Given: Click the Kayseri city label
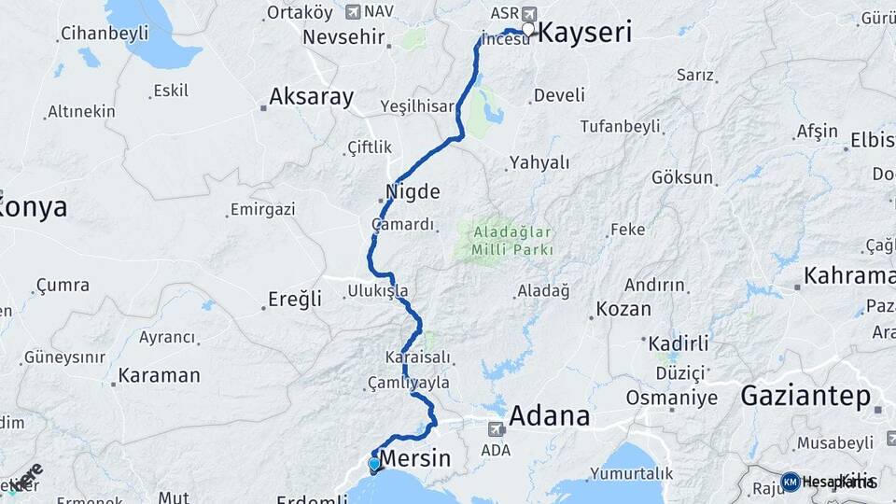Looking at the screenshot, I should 586,33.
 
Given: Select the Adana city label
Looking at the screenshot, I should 550,415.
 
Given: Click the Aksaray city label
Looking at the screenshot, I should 312,96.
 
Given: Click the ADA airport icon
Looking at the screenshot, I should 496,430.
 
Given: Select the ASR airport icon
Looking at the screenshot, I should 529,13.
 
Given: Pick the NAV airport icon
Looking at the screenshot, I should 352,12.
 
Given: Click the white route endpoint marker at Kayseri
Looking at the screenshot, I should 528,30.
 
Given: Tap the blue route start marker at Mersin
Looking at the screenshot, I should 374,464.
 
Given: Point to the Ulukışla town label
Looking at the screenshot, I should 377,291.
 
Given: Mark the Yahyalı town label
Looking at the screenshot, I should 539,162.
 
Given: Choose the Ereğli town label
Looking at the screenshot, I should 295,300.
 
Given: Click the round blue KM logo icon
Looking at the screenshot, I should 790,482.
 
